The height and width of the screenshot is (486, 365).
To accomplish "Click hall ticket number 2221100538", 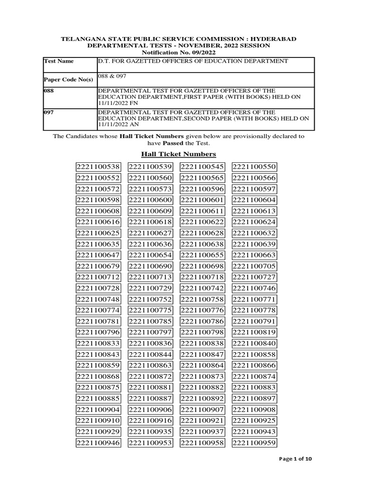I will (x=98, y=167).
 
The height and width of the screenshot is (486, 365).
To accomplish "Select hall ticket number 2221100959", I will (x=254, y=443).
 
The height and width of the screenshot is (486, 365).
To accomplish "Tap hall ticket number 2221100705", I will (x=254, y=266).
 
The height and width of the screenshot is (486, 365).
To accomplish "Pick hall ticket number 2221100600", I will (x=150, y=200).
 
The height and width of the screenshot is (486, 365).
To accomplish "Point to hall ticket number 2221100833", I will (x=98, y=344).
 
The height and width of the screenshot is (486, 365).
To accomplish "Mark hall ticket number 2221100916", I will (x=150, y=421).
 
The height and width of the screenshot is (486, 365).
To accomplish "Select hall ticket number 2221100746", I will (x=254, y=289).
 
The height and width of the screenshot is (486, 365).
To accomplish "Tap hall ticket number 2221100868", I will (x=98, y=377).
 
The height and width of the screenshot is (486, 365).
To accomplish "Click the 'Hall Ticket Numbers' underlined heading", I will (x=178, y=154).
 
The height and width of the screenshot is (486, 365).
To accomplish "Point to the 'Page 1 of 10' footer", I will (x=295, y=459).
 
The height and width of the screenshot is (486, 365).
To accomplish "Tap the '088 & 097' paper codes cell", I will (x=112, y=76).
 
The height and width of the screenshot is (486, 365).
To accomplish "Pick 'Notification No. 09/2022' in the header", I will (x=178, y=52).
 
